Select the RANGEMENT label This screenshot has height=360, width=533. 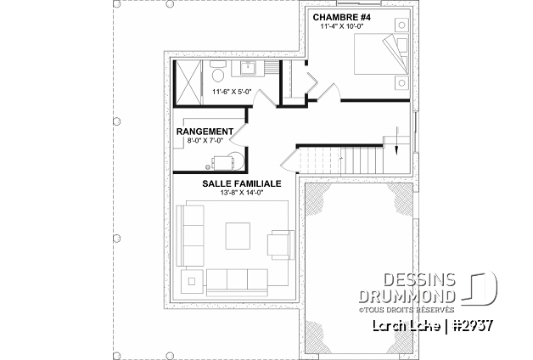(x=205, y=132)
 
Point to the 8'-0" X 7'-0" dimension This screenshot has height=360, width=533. (x=205, y=140)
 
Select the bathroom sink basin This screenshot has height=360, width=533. (x=250, y=67)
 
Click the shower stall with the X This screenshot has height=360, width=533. (x=188, y=81)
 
